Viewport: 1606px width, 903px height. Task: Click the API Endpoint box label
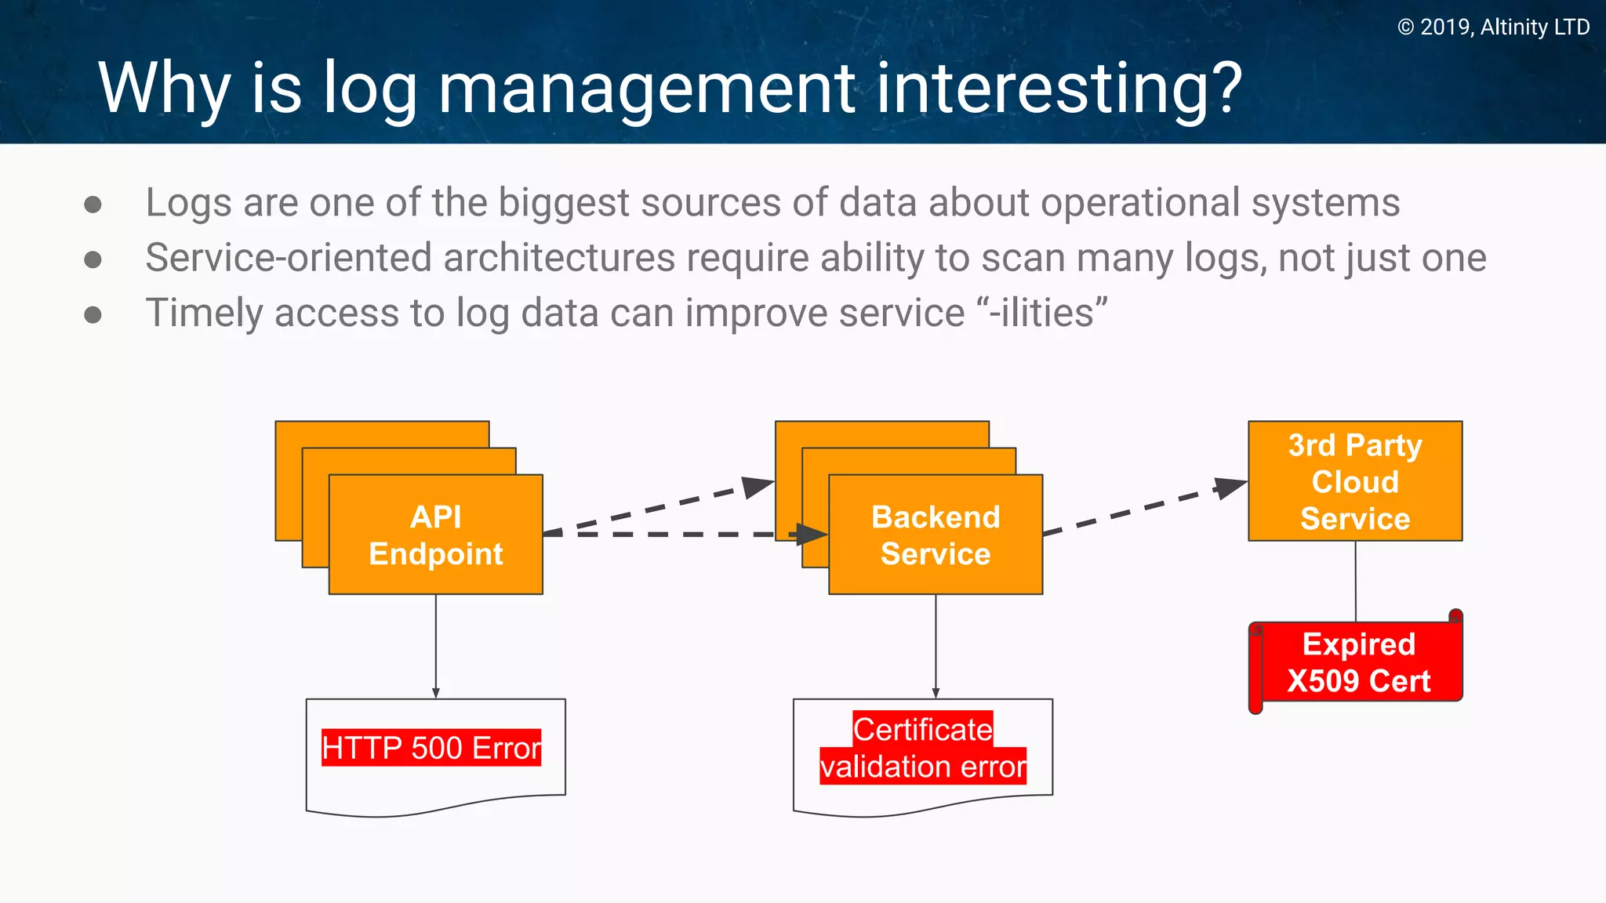tap(436, 535)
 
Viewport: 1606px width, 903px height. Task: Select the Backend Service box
tap(936, 535)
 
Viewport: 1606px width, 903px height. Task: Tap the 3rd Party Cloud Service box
tap(1355, 481)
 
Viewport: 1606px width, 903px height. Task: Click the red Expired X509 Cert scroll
tap(1358, 662)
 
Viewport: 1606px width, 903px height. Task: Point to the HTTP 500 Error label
tap(431, 748)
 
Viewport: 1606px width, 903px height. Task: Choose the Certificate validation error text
tap(923, 749)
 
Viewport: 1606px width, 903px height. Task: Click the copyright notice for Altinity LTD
tap(1493, 27)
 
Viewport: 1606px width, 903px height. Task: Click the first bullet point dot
tap(93, 205)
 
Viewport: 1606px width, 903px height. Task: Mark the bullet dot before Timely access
tap(93, 315)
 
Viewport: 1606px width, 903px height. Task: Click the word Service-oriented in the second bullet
tap(290, 258)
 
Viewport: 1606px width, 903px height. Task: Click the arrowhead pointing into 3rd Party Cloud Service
tap(1230, 487)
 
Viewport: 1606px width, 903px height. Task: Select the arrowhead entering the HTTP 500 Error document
tap(436, 693)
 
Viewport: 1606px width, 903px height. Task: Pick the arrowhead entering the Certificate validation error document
tap(936, 693)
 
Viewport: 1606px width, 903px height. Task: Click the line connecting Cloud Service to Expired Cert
tap(1356, 580)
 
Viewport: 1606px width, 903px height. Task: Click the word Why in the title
tap(163, 89)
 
